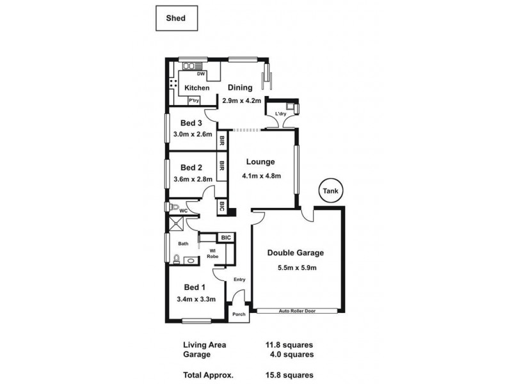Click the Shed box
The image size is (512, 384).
(176, 19)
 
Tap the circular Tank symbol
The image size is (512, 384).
(330, 191)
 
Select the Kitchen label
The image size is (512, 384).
(196, 88)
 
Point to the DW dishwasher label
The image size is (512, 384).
(200, 74)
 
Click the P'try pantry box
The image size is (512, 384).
(193, 100)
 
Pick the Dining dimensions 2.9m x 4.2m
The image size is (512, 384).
(239, 100)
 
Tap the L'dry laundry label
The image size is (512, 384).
(280, 115)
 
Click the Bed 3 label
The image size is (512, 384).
(191, 123)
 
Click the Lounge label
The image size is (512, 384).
(259, 162)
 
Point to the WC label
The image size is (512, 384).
(182, 211)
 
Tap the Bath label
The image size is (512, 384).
(183, 243)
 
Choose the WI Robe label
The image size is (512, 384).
(211, 253)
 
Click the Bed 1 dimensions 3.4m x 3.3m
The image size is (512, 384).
(195, 298)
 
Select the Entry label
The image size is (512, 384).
(239, 279)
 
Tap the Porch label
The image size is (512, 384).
(239, 314)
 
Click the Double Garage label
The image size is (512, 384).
(296, 253)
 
